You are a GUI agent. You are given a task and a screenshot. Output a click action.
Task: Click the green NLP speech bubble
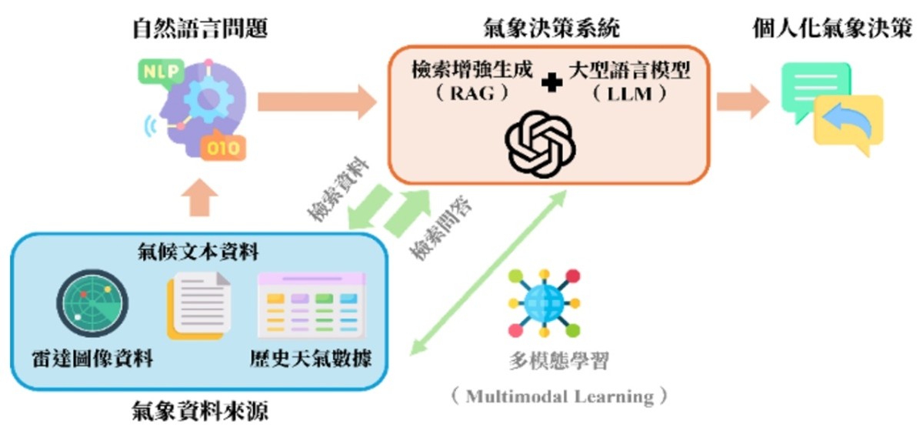pyautogui.click(x=161, y=73)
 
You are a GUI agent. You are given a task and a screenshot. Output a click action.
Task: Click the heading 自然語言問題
pyautogui.click(x=200, y=28)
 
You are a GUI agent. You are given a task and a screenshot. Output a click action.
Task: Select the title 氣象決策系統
pyautogui.click(x=551, y=28)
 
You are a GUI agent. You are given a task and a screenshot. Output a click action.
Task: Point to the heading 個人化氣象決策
pyautogui.click(x=832, y=28)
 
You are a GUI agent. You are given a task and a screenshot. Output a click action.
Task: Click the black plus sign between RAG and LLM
pyautogui.click(x=551, y=83)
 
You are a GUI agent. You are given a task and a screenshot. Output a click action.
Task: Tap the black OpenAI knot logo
pyautogui.click(x=540, y=144)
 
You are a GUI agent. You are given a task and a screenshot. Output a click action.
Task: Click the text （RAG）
pyautogui.click(x=472, y=93)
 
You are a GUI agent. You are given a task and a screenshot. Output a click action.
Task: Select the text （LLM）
pyautogui.click(x=629, y=94)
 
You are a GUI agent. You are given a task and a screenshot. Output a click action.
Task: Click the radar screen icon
pyautogui.click(x=92, y=304)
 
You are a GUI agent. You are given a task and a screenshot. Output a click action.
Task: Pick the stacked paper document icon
pyautogui.click(x=198, y=306)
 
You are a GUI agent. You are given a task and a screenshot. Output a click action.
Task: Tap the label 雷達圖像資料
pyautogui.click(x=93, y=358)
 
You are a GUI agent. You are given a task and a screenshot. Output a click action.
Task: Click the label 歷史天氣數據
pyautogui.click(x=311, y=358)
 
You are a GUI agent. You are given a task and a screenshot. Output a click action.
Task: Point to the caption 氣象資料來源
pyautogui.click(x=200, y=411)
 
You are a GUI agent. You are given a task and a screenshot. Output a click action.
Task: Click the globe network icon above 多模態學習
pyautogui.click(x=545, y=303)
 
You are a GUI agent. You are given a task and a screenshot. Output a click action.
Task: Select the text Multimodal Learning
pyautogui.click(x=560, y=397)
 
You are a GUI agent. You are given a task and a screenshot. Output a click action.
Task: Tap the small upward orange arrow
pyautogui.click(x=200, y=198)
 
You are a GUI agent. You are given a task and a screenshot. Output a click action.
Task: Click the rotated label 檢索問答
pyautogui.click(x=441, y=228)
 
